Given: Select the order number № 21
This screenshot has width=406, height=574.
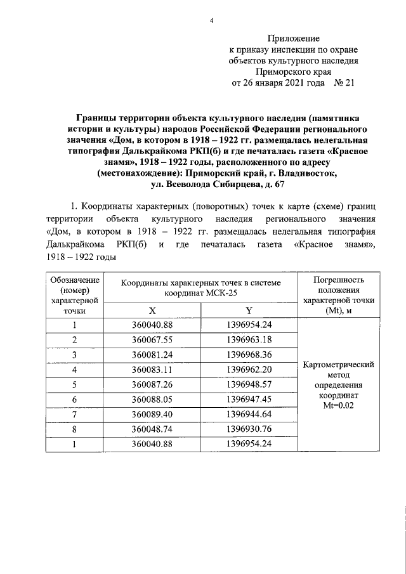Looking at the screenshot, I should coord(343,84).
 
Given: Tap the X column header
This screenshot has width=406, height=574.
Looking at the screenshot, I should coord(152,311).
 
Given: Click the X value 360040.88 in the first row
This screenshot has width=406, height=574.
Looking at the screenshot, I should coord(152,325).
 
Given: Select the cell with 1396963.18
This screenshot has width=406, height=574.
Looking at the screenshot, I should coord(249,339).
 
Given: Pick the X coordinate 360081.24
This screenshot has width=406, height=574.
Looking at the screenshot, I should coord(152,354).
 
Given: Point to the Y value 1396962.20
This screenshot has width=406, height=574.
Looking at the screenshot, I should coord(249,369).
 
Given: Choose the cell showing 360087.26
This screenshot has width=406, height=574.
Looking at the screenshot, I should coord(152,384).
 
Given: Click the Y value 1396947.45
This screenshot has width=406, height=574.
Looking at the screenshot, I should coord(249,399).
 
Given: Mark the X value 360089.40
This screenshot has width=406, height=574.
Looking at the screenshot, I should coord(152,414).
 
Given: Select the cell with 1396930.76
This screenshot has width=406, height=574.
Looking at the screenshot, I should coord(249,429).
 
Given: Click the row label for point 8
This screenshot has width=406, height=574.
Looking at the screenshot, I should coord(74,429).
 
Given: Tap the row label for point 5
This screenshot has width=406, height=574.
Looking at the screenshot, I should coord(74,384).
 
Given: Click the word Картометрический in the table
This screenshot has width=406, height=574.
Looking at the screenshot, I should coord(339,365).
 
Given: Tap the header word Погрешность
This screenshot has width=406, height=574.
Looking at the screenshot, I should coord(339,280).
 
